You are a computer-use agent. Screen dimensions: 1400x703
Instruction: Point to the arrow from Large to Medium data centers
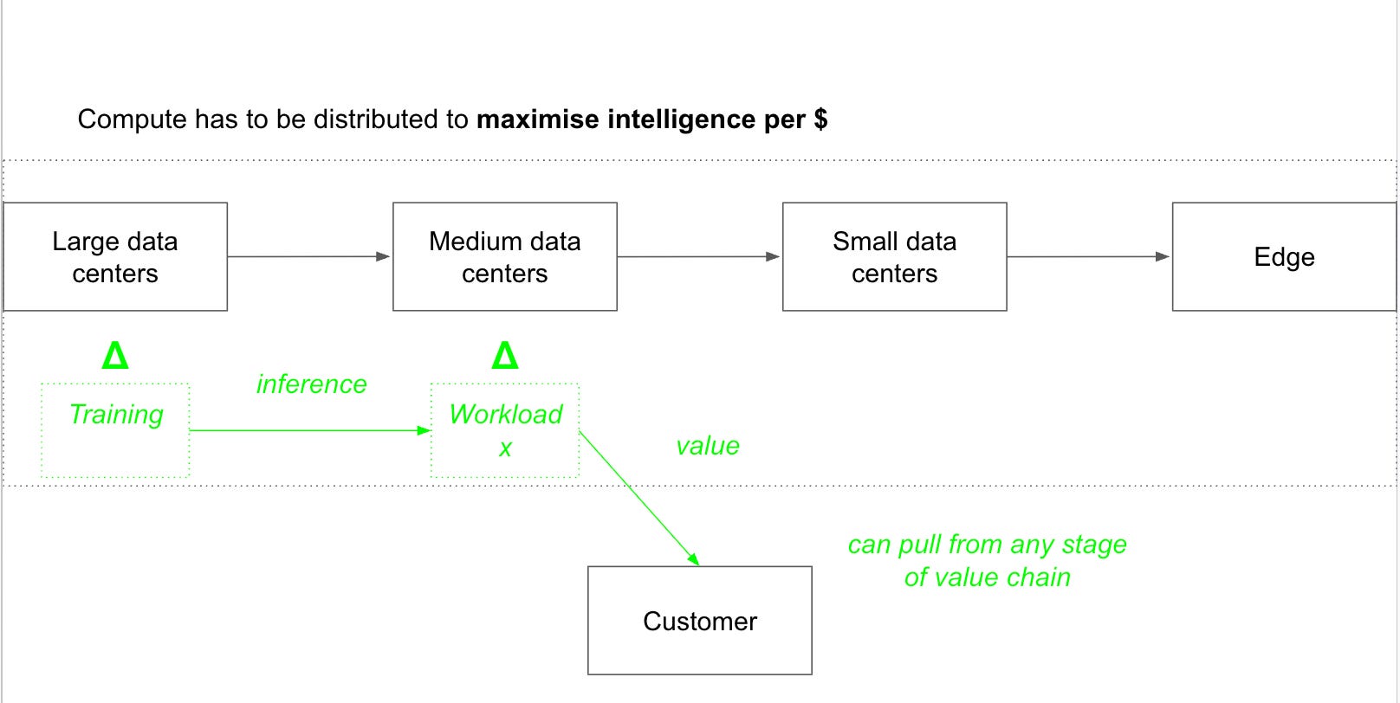pos(309,256)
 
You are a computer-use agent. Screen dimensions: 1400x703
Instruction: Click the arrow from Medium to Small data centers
pos(699,256)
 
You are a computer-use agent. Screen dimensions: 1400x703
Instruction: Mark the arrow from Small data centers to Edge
pos(1089,256)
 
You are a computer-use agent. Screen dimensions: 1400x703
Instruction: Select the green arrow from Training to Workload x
pos(310,430)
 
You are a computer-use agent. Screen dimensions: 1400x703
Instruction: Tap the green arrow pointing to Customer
pos(639,498)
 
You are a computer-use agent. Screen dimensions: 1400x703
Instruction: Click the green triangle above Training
pos(115,355)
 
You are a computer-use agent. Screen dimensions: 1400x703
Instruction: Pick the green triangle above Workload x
pos(505,355)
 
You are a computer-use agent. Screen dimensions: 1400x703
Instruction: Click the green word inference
pos(311,384)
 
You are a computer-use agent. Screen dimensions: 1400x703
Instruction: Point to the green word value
pos(708,447)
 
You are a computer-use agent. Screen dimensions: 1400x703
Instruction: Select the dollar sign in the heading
pos(820,119)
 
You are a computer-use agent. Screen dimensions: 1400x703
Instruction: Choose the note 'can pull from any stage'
pos(987,545)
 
